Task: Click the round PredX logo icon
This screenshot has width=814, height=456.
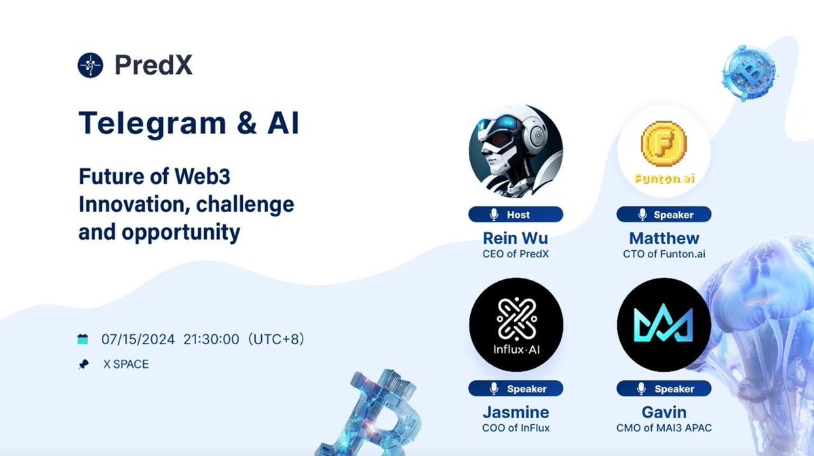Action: click(90, 65)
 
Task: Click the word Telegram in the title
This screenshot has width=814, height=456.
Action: click(153, 124)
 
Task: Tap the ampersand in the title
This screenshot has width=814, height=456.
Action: click(247, 123)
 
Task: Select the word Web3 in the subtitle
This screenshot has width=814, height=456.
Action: click(202, 176)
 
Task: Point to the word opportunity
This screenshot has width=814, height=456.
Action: click(180, 233)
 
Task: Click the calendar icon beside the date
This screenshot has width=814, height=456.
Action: click(83, 339)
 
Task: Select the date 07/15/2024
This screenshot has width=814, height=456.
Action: click(138, 339)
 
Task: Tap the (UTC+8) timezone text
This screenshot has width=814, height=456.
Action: click(276, 339)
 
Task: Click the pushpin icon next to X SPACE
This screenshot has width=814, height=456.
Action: click(83, 364)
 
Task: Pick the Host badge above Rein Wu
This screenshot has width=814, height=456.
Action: click(516, 215)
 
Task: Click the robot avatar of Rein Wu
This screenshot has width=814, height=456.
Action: click(516, 151)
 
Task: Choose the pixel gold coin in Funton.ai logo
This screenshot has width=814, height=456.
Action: click(664, 144)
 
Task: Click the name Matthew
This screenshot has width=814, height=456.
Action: click(664, 239)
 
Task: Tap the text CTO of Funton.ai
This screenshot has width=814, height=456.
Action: click(664, 254)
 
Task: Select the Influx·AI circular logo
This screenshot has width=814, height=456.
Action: click(516, 325)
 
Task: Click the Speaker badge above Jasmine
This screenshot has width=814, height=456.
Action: click(516, 388)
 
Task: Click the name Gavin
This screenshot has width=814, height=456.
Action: click(664, 412)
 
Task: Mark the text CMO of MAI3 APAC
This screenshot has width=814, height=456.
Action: click(664, 428)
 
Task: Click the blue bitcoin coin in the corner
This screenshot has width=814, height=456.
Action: click(750, 73)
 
